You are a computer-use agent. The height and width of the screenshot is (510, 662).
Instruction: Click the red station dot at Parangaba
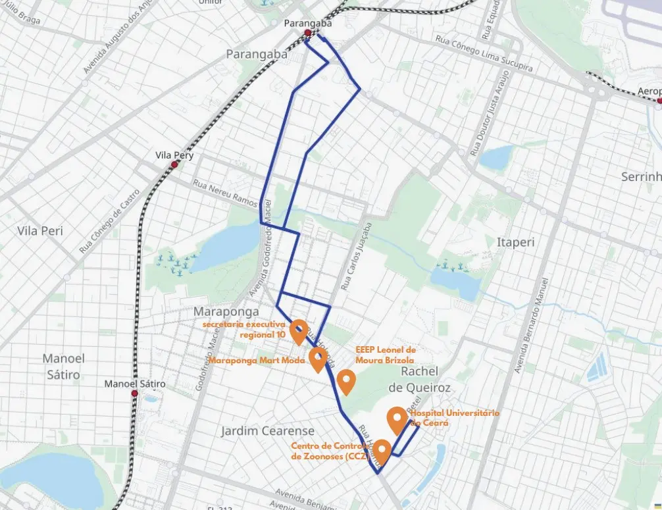[x=307, y=33]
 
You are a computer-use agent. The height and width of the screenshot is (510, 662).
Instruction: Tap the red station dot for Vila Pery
[x=174, y=165]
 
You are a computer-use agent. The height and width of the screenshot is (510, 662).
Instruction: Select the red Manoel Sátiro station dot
[x=134, y=394]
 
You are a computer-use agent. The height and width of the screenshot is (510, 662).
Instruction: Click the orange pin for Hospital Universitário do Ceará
[x=396, y=419]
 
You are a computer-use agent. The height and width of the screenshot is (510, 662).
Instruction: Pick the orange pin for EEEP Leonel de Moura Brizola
[x=346, y=381]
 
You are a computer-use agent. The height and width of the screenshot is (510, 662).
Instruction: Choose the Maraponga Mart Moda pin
[x=318, y=359]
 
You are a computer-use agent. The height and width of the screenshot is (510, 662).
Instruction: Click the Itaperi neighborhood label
[x=516, y=242]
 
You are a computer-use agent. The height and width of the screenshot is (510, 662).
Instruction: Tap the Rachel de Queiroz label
[x=419, y=380]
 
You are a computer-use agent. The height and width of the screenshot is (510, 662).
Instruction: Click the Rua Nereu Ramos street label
[x=224, y=193]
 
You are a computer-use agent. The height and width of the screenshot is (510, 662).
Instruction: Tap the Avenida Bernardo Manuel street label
[x=531, y=325]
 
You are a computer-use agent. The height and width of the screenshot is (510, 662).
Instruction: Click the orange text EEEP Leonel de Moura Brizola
[x=385, y=355]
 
